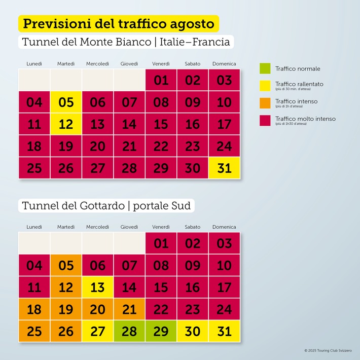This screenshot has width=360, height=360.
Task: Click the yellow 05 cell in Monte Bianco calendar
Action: (x=66, y=102)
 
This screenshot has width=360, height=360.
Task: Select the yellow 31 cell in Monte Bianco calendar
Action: (x=224, y=168)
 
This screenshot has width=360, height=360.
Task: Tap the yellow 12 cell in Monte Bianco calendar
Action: (x=66, y=124)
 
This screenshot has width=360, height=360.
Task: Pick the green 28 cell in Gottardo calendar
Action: (x=129, y=331)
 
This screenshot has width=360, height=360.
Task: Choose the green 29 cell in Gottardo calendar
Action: (x=161, y=331)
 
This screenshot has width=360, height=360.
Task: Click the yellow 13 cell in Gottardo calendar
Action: (x=98, y=287)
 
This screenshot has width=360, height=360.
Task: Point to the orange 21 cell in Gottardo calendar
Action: (x=129, y=309)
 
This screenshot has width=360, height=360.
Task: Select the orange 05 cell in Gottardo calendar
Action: (x=66, y=265)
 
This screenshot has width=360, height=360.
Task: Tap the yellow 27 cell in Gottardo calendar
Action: (x=98, y=331)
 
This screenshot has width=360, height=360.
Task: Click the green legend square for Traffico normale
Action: (x=265, y=68)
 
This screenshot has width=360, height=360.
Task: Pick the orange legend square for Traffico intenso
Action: (x=265, y=102)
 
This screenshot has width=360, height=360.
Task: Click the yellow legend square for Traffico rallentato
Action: (x=265, y=85)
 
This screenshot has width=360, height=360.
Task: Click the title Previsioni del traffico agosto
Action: (x=119, y=23)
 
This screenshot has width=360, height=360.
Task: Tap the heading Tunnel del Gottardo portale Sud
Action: (x=106, y=206)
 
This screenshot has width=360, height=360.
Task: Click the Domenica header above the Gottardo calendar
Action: (x=224, y=227)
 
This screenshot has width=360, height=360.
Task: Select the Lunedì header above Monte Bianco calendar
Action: (x=34, y=63)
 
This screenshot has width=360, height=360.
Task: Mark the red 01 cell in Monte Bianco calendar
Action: (x=161, y=80)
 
